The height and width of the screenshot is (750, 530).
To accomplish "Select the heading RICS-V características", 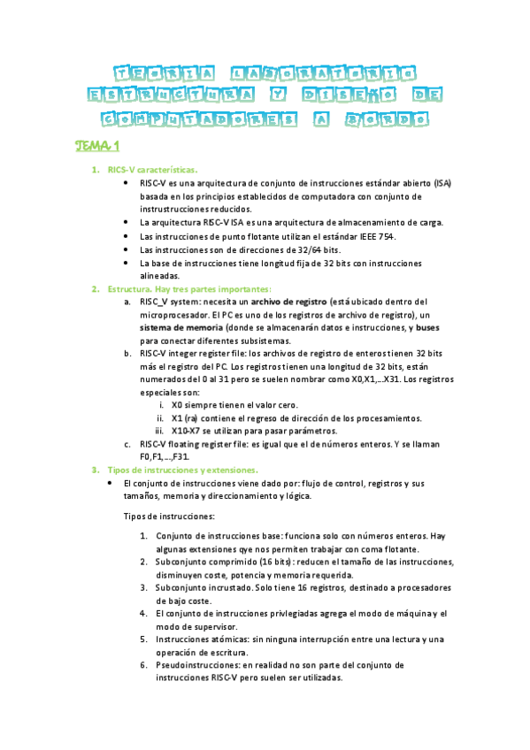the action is pyautogui.click(x=152, y=170).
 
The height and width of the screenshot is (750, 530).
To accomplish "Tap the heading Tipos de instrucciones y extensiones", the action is pyautogui.click(x=182, y=470).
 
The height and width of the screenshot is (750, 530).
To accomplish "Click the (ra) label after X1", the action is pyautogui.click(x=191, y=417).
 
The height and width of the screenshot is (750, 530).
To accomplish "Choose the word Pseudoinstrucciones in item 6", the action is pyautogui.click(x=200, y=665).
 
